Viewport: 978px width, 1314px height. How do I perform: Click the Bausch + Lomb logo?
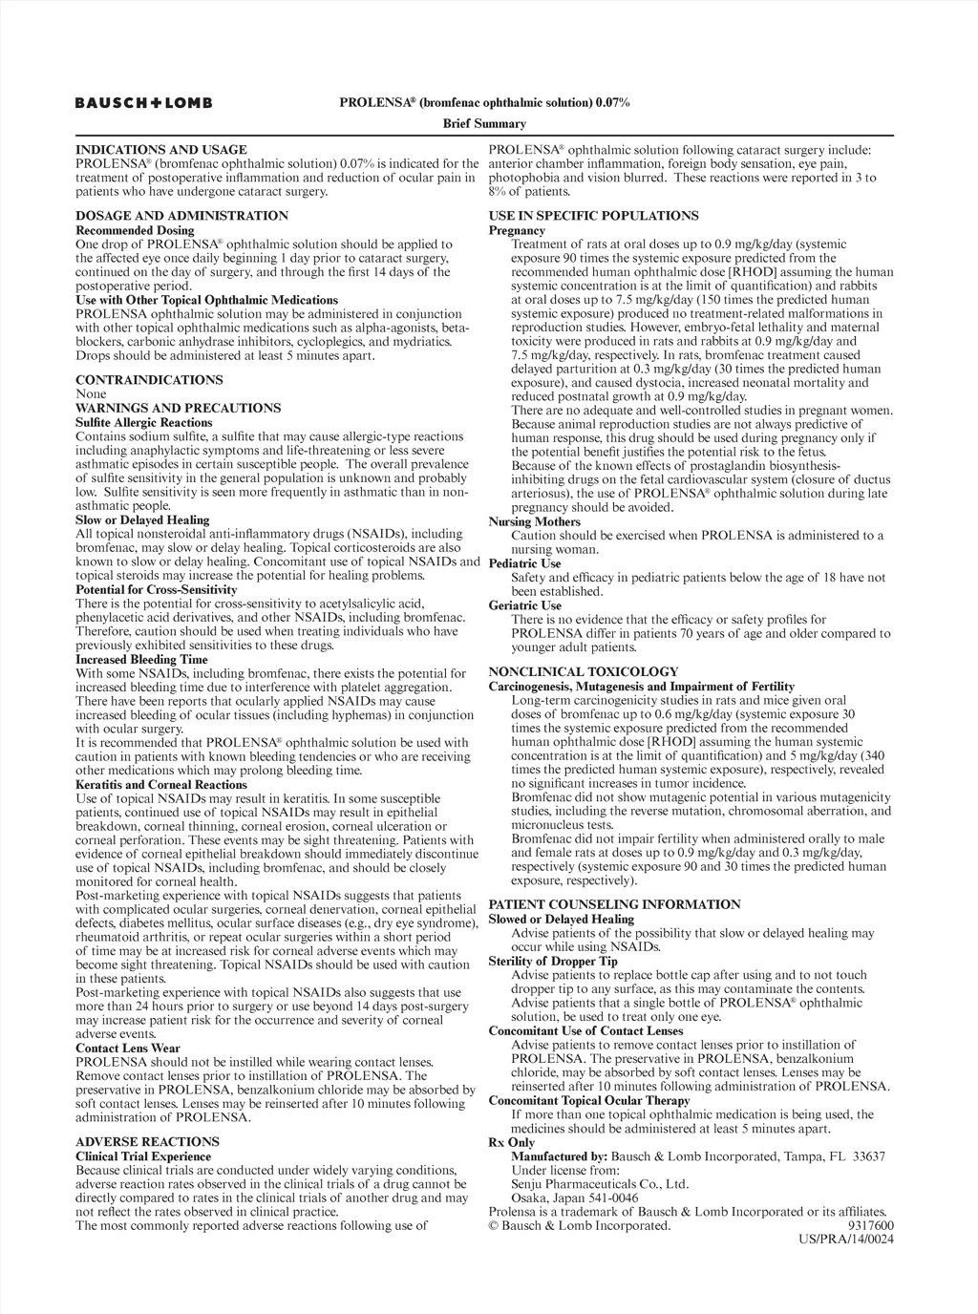click(x=144, y=102)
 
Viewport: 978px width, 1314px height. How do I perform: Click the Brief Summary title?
click(x=484, y=123)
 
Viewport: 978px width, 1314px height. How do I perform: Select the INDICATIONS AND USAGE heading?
click(x=160, y=150)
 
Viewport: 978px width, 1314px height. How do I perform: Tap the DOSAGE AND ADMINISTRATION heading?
click(x=181, y=216)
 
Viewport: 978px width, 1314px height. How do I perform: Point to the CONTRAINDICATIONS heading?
click(x=149, y=380)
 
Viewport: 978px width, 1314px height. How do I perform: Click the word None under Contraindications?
click(x=91, y=393)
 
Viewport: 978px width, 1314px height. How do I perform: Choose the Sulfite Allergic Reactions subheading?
click(x=143, y=422)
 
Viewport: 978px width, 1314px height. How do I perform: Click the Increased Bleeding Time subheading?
click(x=140, y=659)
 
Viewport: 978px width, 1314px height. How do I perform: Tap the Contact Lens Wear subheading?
click(x=127, y=1048)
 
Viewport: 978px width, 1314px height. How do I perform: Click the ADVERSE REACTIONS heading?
click(x=147, y=1141)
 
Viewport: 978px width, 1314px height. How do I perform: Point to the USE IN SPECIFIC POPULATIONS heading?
click(x=593, y=216)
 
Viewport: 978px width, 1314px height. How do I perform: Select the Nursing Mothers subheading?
click(x=534, y=521)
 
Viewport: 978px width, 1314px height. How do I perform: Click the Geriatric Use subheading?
click(x=524, y=604)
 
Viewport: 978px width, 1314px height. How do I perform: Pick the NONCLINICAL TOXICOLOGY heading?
click(x=583, y=671)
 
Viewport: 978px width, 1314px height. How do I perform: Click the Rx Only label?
click(x=511, y=1142)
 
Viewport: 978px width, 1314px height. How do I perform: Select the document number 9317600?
click(x=870, y=1225)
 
